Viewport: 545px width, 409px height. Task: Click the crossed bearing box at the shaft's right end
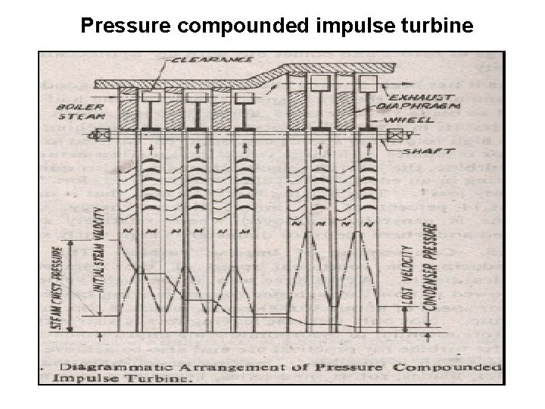(395, 136)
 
